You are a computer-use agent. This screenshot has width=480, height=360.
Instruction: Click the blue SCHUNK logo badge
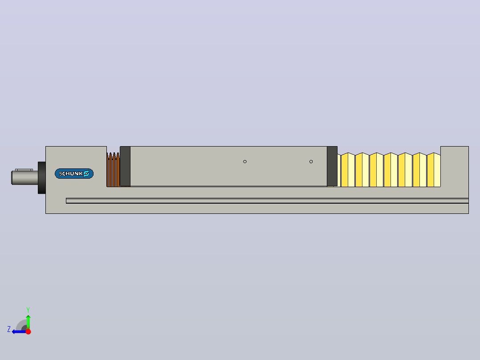click(74, 174)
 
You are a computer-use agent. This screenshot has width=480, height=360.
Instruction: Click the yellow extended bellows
click(389, 170)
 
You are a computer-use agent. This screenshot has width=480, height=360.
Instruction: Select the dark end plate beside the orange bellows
click(125, 166)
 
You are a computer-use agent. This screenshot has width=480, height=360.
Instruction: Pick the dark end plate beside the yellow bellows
click(332, 166)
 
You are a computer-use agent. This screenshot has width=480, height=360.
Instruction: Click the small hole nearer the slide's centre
click(245, 161)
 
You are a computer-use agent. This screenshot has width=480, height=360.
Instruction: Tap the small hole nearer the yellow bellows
click(311, 161)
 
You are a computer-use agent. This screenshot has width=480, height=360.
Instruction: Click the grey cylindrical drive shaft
click(25, 178)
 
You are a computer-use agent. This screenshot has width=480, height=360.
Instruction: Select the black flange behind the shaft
click(42, 178)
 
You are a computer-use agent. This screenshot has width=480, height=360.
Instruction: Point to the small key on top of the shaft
click(24, 170)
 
